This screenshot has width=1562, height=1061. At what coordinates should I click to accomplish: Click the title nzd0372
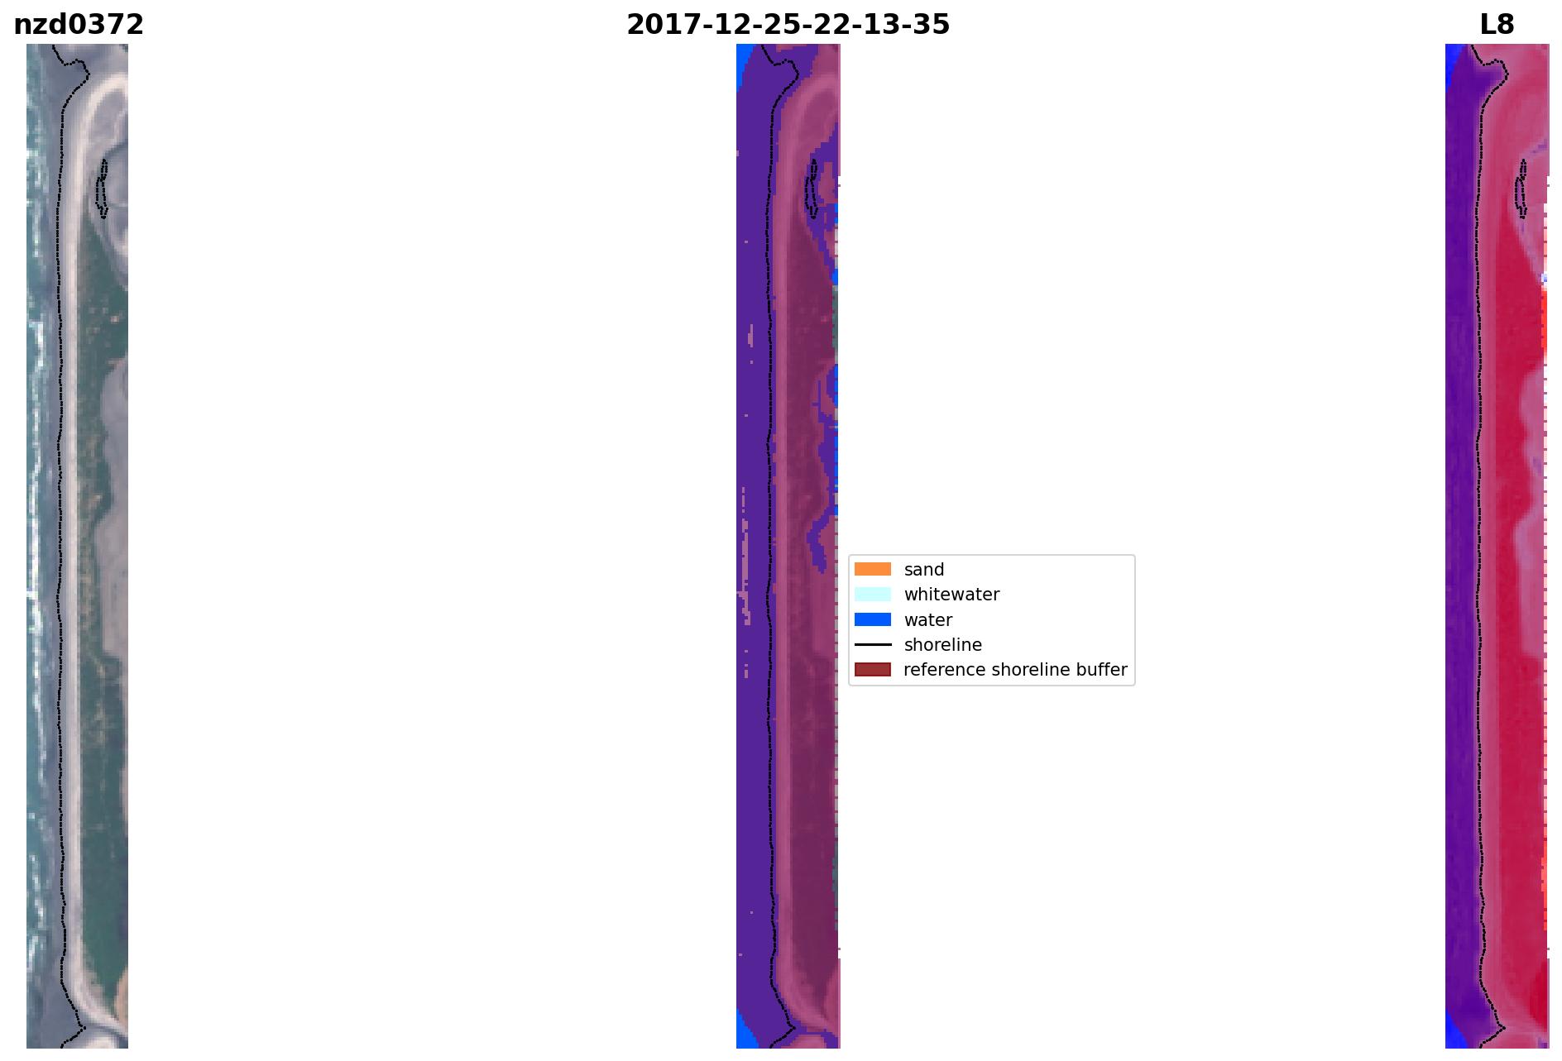click(x=79, y=25)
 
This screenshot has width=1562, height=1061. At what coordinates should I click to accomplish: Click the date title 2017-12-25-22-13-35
click(x=788, y=25)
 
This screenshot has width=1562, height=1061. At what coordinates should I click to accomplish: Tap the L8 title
click(x=1497, y=25)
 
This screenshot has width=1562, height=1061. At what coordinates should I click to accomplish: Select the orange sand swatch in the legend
click(x=873, y=569)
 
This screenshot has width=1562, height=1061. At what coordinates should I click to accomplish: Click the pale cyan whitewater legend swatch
click(x=873, y=594)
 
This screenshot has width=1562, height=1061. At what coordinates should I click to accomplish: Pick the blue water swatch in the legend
click(x=873, y=619)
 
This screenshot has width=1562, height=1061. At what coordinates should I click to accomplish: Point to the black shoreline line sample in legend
click(x=873, y=644)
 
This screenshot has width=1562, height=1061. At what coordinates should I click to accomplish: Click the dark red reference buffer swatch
click(x=873, y=669)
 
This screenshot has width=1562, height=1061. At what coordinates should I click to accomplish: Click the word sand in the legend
click(x=924, y=570)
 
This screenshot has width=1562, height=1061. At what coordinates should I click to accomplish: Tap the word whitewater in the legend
click(x=951, y=595)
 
